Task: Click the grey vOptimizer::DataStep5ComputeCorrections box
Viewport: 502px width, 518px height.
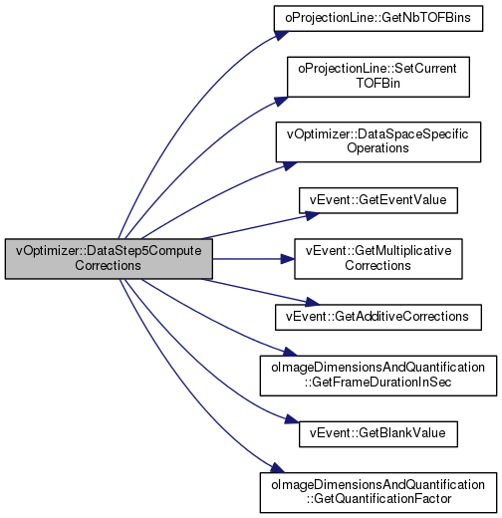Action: (109, 259)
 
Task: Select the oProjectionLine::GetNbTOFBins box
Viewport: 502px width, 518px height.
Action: (378, 19)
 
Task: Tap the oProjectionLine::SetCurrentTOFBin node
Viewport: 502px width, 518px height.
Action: (378, 77)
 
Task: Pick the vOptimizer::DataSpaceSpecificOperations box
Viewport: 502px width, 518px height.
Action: (378, 142)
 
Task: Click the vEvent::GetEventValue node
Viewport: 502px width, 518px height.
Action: (378, 200)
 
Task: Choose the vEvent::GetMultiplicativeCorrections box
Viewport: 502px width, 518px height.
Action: (378, 259)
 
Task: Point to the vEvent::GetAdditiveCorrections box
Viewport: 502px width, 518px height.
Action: (378, 317)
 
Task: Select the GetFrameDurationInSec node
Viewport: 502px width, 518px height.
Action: (378, 376)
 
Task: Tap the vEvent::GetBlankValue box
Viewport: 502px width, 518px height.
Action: (378, 434)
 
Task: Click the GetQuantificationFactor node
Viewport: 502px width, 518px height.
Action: (378, 492)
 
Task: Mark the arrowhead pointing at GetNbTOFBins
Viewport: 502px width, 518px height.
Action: (281, 35)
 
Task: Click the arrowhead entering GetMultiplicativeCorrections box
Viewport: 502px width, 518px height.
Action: (288, 259)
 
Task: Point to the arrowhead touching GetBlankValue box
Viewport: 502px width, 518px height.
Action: (292, 419)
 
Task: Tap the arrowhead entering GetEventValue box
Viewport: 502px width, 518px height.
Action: (312, 216)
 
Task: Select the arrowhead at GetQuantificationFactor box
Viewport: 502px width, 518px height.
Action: (278, 468)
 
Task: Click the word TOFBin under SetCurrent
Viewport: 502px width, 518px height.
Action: (378, 83)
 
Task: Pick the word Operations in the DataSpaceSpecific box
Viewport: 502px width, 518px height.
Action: (377, 148)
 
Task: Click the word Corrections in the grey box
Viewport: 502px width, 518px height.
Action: (108, 265)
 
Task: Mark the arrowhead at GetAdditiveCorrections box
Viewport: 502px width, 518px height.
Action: (312, 302)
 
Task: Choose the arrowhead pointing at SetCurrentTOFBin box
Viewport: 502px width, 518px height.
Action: (281, 101)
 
